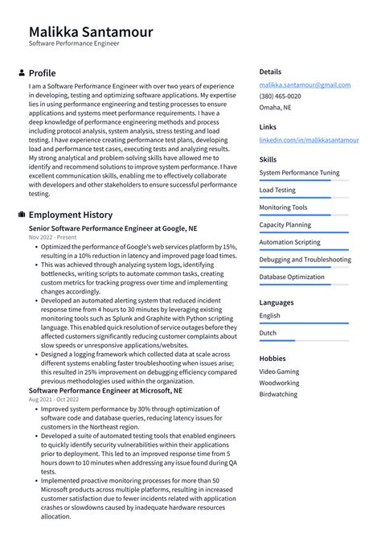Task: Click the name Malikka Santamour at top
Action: (90, 31)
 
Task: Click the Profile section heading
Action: (42, 73)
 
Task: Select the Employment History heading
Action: (71, 215)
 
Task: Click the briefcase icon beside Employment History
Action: (20, 215)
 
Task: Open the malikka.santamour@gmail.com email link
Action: (305, 84)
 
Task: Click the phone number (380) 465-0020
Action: (279, 96)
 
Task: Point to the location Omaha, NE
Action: (275, 107)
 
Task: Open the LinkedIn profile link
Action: (309, 140)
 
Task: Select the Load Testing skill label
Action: (277, 191)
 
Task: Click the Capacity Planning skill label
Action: (285, 225)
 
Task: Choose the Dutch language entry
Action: (268, 332)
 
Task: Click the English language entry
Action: (270, 315)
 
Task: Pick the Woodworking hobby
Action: (280, 384)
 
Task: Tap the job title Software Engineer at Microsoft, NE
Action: (105, 390)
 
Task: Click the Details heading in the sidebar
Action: (270, 72)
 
